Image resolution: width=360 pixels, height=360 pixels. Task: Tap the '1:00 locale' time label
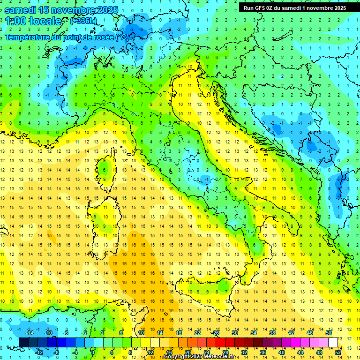(x=33, y=21)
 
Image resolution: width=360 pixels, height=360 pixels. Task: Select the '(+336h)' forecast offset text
(x=84, y=21)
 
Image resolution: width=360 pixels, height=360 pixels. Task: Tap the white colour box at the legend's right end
(x=333, y=342)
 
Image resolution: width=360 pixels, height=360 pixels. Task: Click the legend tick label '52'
(x=338, y=352)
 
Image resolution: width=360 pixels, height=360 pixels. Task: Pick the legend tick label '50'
(x=329, y=333)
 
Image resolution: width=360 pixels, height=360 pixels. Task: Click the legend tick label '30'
(x=235, y=333)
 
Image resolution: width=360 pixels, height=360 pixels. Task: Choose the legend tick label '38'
(x=272, y=333)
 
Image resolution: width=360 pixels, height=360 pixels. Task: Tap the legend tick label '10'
(x=141, y=333)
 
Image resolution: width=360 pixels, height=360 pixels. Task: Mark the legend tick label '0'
(x=93, y=352)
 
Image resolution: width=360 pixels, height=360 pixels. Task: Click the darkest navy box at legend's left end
(x=23, y=342)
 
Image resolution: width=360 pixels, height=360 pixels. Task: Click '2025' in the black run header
(x=337, y=7)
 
